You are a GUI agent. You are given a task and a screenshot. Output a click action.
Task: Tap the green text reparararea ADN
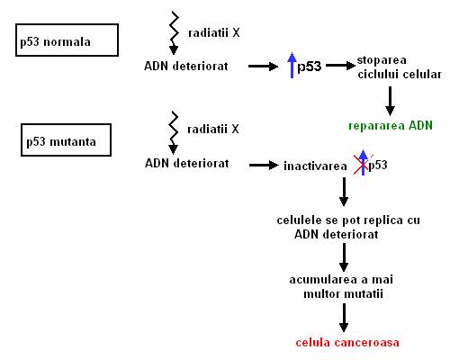coord(391,126)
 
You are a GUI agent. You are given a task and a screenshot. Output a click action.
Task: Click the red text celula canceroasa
coord(347,343)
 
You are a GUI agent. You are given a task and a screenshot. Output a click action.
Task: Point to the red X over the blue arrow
coord(363,165)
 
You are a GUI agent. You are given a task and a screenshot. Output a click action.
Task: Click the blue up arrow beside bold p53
coord(292,65)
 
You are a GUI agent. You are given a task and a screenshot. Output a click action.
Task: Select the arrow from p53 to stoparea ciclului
coord(340,65)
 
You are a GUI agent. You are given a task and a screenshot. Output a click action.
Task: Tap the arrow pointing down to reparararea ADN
coord(390,101)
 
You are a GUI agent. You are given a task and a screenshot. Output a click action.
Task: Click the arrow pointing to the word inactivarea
coord(264,165)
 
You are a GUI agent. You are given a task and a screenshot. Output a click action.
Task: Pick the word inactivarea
coord(315,166)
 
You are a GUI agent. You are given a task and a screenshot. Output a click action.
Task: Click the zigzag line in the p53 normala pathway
coord(174,29)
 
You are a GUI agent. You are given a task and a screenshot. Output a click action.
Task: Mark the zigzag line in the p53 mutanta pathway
coord(174,129)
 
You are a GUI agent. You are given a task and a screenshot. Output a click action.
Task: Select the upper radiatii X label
coord(214,32)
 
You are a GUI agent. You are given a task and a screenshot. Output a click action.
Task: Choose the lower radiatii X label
coord(213,130)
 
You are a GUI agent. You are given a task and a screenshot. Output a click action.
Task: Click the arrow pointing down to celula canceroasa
coord(344,318)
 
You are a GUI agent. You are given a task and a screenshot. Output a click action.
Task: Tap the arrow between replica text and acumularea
coord(344,257)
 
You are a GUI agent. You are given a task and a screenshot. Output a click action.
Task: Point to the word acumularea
coord(323,280)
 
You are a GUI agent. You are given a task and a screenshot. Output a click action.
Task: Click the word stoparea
coord(382,60)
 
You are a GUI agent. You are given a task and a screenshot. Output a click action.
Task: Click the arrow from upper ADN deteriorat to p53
coord(263,67)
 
